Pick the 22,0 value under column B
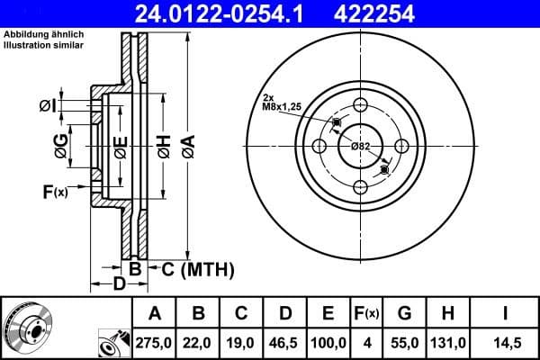coord(198,341)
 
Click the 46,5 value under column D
coord(285,341)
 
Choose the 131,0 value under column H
coord(448,341)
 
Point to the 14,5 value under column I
coord(504,341)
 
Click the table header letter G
coord(404,313)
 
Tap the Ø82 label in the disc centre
coord(360,146)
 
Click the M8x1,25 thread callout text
coord(281,106)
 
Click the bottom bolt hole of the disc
coord(361,186)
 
